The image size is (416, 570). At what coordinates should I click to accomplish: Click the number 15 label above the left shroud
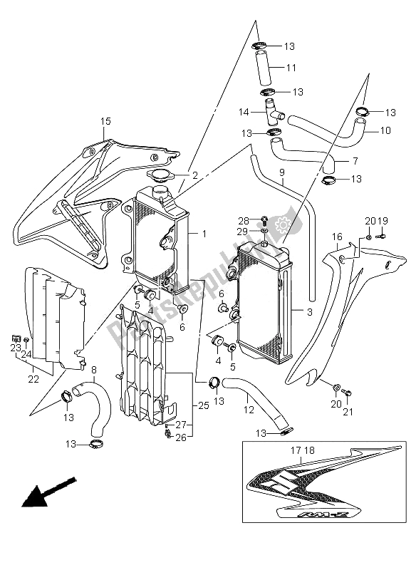click(x=105, y=121)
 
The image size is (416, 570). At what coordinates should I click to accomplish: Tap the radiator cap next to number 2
click(x=159, y=176)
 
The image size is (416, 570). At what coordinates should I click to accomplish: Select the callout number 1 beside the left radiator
click(x=203, y=234)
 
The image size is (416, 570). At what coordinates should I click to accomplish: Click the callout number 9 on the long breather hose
click(x=281, y=172)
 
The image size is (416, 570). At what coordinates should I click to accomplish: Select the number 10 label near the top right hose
click(x=385, y=130)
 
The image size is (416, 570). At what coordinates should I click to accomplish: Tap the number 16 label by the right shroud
click(x=337, y=237)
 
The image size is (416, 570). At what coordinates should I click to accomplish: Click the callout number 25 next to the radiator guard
click(x=203, y=405)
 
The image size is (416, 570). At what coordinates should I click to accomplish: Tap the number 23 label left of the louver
click(x=15, y=347)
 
